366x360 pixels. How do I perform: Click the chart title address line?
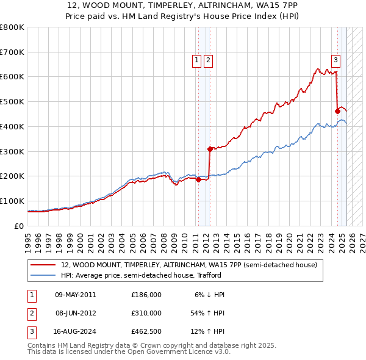tap(183, 5)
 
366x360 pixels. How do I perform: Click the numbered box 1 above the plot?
tap(197, 60)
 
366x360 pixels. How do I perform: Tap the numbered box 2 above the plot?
tap(208, 60)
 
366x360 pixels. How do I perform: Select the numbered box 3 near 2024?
tap(335, 60)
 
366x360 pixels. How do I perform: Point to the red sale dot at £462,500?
tap(337, 110)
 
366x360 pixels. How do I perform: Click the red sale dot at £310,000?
tap(209, 148)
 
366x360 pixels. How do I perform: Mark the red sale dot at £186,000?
tap(198, 179)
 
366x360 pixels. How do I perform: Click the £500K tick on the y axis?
tap(12, 101)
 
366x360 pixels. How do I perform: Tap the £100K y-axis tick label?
tap(12, 201)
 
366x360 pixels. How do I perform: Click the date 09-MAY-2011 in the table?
tap(76, 295)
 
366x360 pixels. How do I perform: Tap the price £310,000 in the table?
tap(146, 313)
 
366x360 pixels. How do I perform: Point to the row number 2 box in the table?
tap(32, 313)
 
